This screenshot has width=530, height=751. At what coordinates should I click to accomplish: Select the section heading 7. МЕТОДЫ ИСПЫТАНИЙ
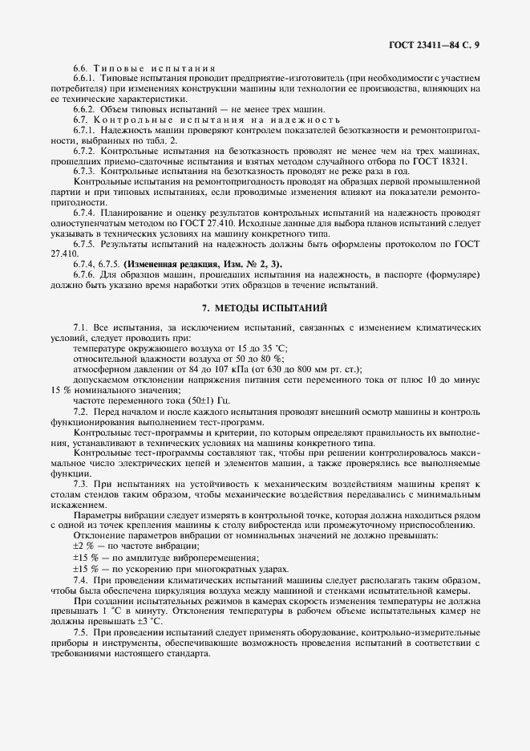tap(264, 307)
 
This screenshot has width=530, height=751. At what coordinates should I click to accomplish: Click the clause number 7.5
tap(80, 632)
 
